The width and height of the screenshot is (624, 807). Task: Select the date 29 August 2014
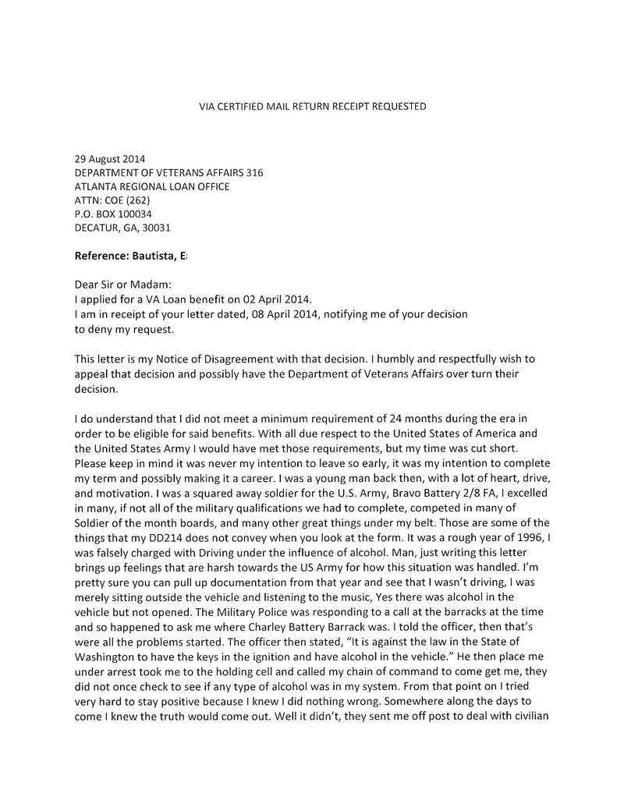[109, 158]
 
